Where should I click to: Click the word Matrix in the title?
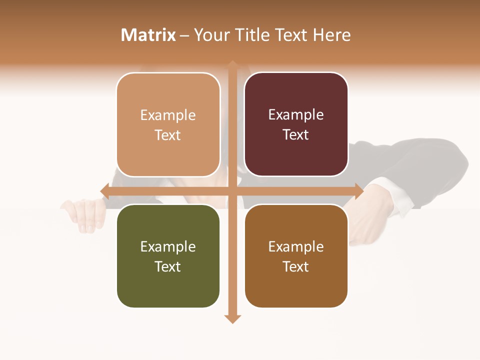(x=148, y=35)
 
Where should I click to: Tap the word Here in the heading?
(x=331, y=35)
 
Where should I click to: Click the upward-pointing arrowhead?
(x=232, y=64)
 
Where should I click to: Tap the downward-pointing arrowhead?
(x=232, y=318)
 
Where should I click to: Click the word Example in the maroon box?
(x=296, y=115)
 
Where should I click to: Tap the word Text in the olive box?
(x=168, y=266)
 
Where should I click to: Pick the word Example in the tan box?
(x=168, y=115)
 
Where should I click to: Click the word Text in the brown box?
(x=296, y=266)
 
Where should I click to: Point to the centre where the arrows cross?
(x=232, y=191)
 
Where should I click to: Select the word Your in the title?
(x=210, y=35)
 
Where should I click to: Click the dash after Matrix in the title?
(x=184, y=35)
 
